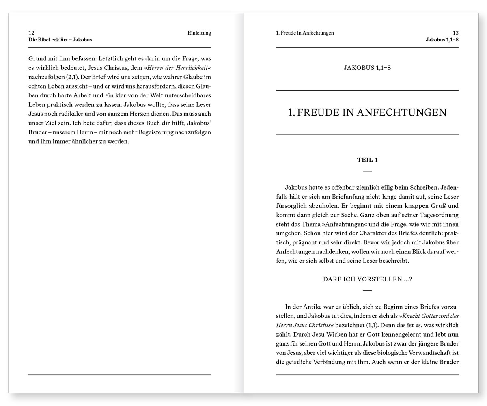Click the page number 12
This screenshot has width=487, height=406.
pos(31,33)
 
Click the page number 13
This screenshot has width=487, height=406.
pos(455,33)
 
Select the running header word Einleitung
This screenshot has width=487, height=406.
pos(199,33)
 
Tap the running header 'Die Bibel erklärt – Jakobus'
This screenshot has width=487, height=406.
pos(60,40)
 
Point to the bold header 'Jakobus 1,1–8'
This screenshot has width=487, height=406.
pos(442,40)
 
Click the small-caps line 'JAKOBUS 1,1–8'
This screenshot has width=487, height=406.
pos(367,68)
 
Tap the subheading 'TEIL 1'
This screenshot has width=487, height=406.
pos(367,160)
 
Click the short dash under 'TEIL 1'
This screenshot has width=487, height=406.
pos(367,171)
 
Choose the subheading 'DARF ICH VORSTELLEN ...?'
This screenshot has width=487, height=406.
pos(367,279)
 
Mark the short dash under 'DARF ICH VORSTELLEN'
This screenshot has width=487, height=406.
pos(367,290)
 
